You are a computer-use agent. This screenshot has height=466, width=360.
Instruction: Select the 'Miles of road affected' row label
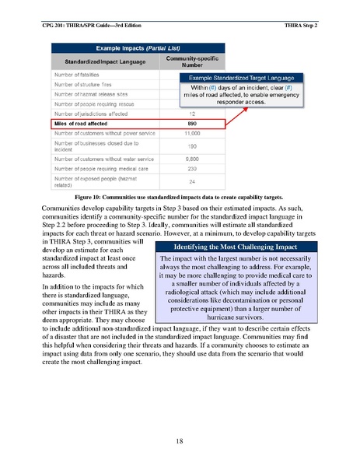82,123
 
